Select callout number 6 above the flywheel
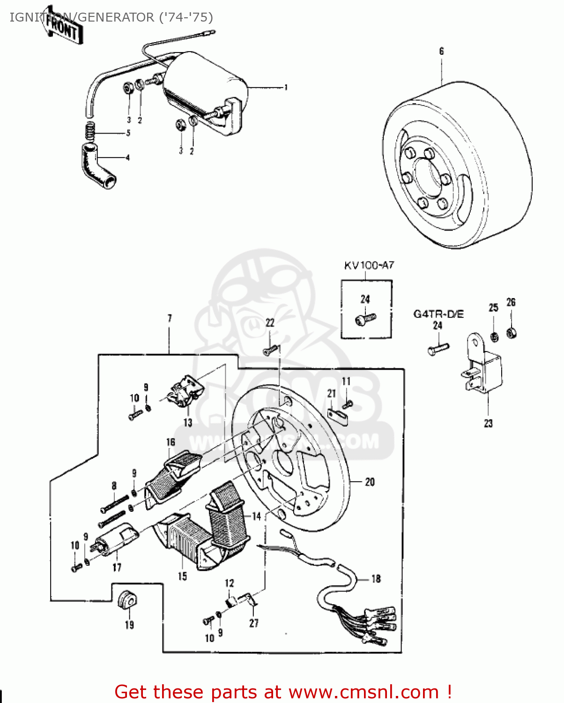[x=441, y=51]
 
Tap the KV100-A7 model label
[x=369, y=266]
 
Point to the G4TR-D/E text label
[x=438, y=314]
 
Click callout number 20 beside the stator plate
[x=370, y=482]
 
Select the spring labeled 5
[x=90, y=130]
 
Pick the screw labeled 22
[x=271, y=350]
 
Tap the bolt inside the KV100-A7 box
[x=365, y=319]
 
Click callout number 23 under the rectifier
[x=488, y=423]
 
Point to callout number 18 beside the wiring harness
[x=376, y=579]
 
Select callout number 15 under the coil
[x=182, y=576]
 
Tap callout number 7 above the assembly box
[x=170, y=318]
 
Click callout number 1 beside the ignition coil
[x=286, y=88]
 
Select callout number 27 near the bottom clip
[x=253, y=623]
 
